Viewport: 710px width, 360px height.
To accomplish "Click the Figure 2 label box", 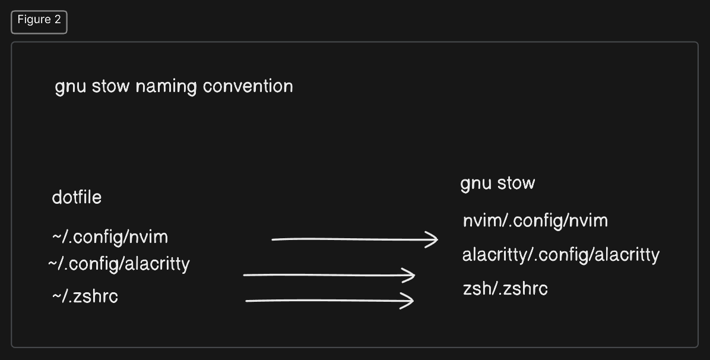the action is point(39,21).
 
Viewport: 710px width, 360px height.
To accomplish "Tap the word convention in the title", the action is point(248,86).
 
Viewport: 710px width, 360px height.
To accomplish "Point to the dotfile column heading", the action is point(77,197).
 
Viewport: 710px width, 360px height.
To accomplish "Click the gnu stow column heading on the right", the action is point(497,184).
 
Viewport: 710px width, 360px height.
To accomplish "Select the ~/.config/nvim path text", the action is point(110,238).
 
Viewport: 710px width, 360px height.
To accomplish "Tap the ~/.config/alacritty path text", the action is point(119,264).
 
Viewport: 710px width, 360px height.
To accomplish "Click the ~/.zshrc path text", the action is point(85,296).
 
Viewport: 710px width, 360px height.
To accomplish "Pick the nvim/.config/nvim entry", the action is point(535,221).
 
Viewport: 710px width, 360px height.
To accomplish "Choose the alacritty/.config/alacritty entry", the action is point(561,255).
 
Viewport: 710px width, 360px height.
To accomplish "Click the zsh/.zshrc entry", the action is point(505,289).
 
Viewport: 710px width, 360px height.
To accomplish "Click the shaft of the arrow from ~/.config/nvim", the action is point(350,239).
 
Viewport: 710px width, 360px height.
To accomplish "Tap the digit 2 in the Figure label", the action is point(58,20).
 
